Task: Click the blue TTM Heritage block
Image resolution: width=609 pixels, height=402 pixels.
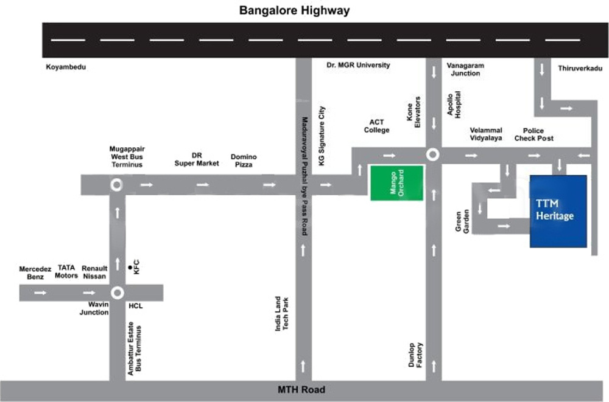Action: pyautogui.click(x=558, y=212)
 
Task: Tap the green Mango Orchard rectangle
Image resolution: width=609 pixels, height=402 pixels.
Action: pyautogui.click(x=397, y=183)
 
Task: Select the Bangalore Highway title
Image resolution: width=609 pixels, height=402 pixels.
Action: pyautogui.click(x=295, y=10)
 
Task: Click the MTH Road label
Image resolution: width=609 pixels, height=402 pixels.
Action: pyautogui.click(x=302, y=390)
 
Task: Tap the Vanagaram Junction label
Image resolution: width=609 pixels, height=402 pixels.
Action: pyautogui.click(x=465, y=69)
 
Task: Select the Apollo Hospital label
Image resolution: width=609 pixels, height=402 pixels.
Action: pyautogui.click(x=454, y=104)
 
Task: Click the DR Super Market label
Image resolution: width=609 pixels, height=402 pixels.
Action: pyautogui.click(x=197, y=159)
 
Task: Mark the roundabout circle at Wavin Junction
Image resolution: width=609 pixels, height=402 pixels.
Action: pyautogui.click(x=117, y=293)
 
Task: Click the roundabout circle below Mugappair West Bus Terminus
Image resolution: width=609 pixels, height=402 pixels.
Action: pyautogui.click(x=115, y=184)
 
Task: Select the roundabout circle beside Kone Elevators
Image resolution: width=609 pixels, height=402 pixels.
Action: pyautogui.click(x=433, y=155)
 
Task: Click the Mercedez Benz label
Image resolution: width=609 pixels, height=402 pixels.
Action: pyautogui.click(x=32, y=272)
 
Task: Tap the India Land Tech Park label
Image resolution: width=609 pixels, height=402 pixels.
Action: pyautogui.click(x=281, y=313)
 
